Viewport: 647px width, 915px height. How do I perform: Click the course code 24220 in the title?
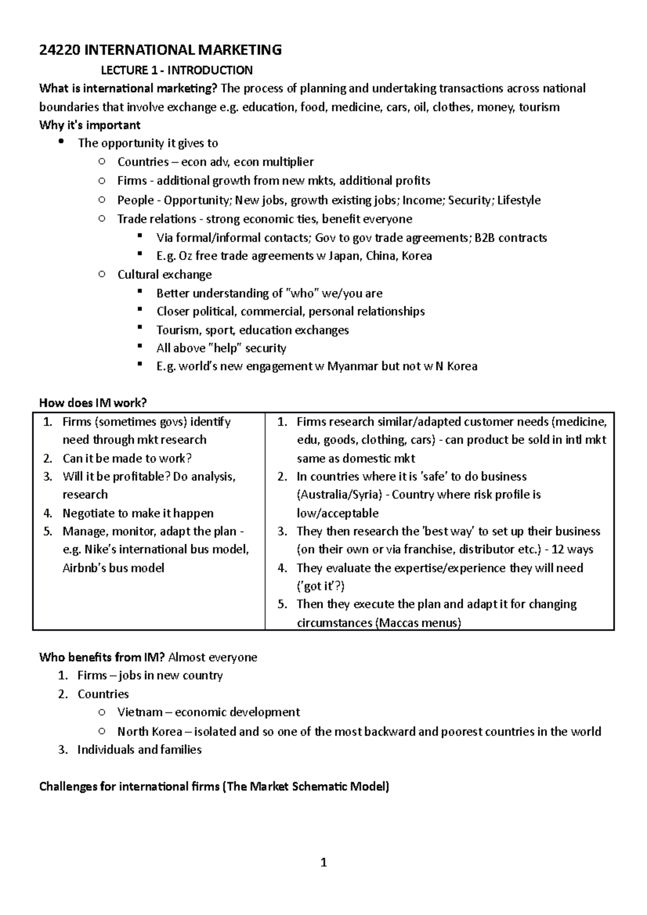[60, 50]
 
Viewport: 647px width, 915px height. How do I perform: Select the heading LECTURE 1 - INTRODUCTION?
[177, 70]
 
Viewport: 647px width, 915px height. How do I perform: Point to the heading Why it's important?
[90, 125]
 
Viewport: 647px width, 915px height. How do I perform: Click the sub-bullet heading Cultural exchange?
[164, 274]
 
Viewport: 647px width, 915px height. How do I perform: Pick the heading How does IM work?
[93, 403]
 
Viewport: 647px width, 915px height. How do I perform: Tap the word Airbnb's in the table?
[84, 568]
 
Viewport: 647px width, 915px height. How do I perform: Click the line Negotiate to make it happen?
[137, 513]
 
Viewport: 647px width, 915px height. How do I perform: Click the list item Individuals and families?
[139, 750]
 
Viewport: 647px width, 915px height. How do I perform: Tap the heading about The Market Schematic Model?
[214, 787]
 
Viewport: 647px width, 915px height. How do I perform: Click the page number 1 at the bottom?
[323, 863]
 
